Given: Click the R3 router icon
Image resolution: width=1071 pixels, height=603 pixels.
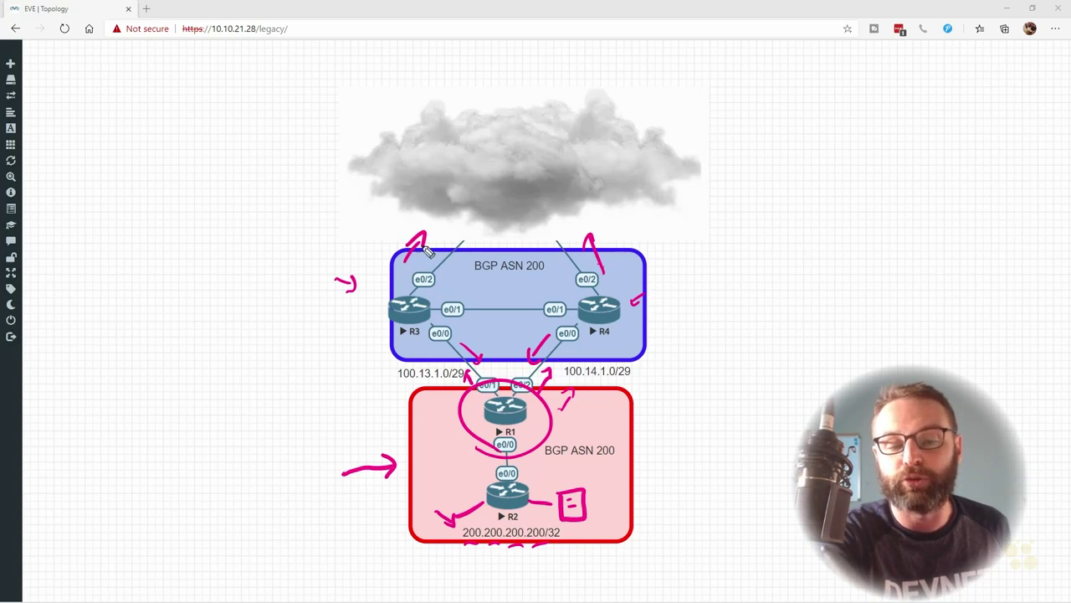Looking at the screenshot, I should click(x=409, y=310).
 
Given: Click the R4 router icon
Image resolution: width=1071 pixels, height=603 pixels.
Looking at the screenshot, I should click(x=599, y=310).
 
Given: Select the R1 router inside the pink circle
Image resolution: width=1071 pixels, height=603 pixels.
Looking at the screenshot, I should click(x=505, y=410).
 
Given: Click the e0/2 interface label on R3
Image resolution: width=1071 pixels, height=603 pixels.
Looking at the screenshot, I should click(x=423, y=280).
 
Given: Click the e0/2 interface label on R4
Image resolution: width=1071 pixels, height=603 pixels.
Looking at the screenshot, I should click(x=587, y=280).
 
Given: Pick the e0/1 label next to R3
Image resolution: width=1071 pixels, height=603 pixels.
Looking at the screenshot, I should click(x=452, y=310).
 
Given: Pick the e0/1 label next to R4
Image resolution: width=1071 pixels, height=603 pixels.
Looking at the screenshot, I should click(x=555, y=310).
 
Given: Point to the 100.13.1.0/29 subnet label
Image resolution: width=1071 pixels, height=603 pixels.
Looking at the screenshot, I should click(x=430, y=374).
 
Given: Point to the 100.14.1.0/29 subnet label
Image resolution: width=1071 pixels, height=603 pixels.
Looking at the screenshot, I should click(x=597, y=371).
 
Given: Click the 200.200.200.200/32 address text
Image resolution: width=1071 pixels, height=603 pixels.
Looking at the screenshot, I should click(x=510, y=533).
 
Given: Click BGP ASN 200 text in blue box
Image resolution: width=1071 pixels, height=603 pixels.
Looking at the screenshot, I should click(x=509, y=265).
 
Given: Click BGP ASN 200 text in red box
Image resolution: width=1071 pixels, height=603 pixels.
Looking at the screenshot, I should click(x=579, y=451).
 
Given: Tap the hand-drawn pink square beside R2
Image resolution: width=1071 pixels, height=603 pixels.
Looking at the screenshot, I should click(x=571, y=504).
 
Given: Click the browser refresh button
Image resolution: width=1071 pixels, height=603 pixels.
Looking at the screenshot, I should click(x=64, y=28).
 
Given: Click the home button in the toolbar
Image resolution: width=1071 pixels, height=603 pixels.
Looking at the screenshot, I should click(x=89, y=28).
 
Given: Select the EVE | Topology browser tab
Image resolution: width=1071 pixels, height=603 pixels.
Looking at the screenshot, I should click(x=67, y=8).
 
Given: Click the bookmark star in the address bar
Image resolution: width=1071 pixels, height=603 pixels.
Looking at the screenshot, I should click(x=847, y=28).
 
